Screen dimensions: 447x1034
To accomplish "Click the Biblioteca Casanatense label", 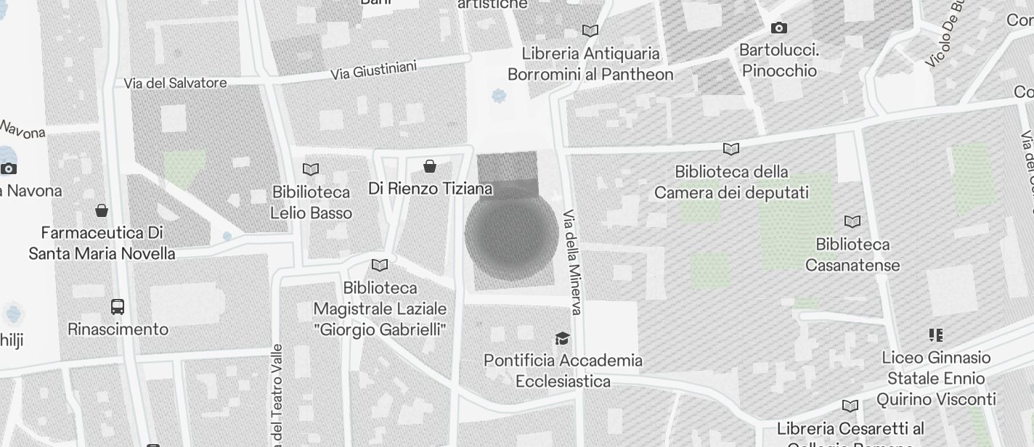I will pyautogui.click(x=852, y=255).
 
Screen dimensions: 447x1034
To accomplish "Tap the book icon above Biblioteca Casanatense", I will pyautogui.click(x=852, y=221).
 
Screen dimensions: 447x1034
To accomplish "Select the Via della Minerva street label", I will pyautogui.click(x=573, y=263).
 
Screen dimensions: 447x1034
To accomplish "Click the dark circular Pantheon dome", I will pyautogui.click(x=511, y=234).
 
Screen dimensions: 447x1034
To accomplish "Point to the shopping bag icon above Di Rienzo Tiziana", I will pyautogui.click(x=430, y=167).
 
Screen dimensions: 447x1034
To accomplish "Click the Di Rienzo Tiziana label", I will pyautogui.click(x=430, y=189).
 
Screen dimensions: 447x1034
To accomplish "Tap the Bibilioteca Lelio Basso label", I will pyautogui.click(x=311, y=202).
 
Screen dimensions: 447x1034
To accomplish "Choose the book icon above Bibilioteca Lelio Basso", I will pyautogui.click(x=311, y=169).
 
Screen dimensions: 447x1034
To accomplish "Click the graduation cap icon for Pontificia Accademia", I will pyautogui.click(x=562, y=338).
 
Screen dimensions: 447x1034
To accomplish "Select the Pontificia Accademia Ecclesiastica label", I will pyautogui.click(x=563, y=370).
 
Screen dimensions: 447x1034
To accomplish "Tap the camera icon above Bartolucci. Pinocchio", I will pyautogui.click(x=779, y=28).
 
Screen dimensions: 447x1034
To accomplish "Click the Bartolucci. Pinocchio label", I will pyautogui.click(x=779, y=60).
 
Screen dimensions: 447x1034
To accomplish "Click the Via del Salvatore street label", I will pyautogui.click(x=175, y=83).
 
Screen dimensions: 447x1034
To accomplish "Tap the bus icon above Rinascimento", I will pyautogui.click(x=118, y=306).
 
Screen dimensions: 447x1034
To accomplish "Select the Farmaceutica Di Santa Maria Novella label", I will pyautogui.click(x=102, y=243).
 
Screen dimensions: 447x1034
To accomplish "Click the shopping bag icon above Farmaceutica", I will pyautogui.click(x=102, y=210).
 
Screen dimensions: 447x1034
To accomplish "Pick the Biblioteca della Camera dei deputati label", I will pyautogui.click(x=731, y=182).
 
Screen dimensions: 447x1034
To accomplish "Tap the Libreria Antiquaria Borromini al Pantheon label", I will pyautogui.click(x=590, y=64).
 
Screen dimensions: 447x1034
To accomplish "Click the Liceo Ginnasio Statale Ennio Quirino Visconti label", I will pyautogui.click(x=936, y=378).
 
